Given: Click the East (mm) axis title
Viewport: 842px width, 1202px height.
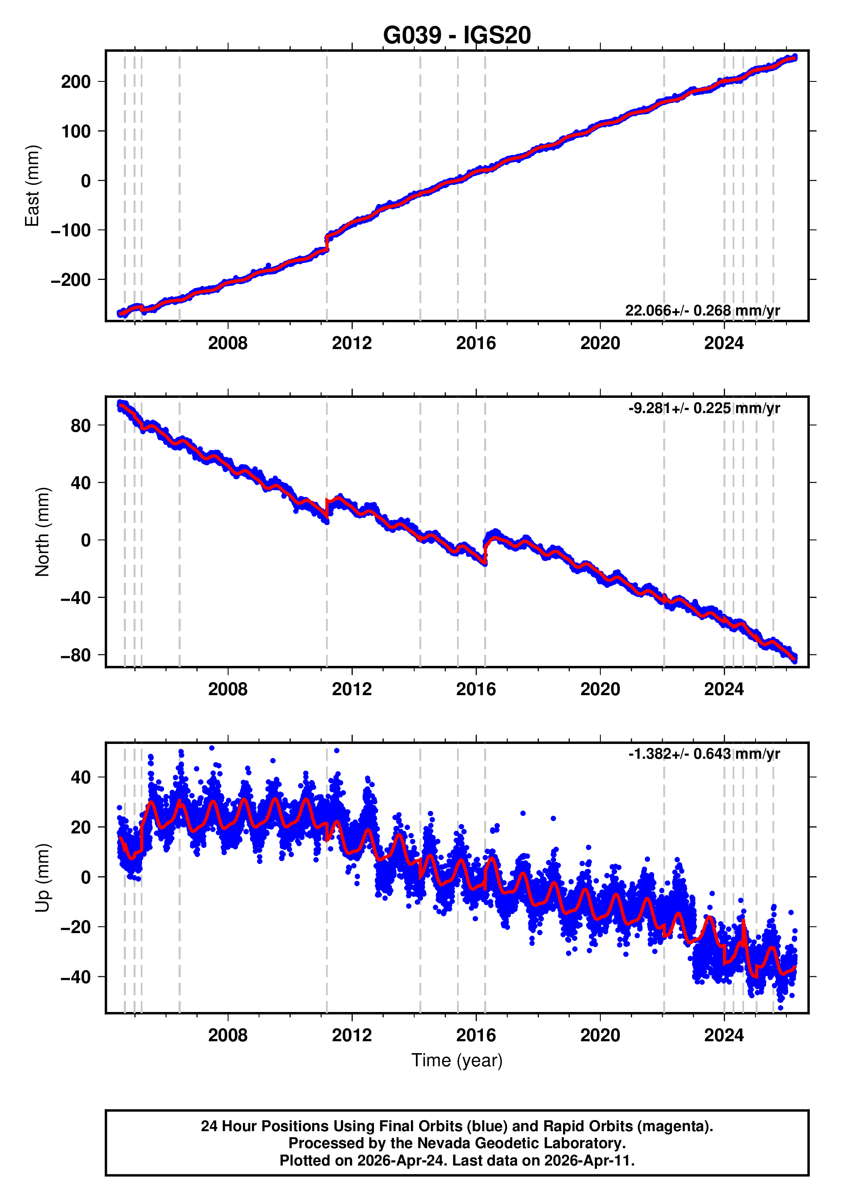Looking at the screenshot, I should coord(33,186).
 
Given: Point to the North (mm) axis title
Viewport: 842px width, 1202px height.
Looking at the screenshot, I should coord(42,532).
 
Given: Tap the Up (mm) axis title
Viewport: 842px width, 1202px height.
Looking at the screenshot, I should coord(42,878).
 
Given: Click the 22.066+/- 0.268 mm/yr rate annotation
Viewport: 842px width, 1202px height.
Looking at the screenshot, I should coord(702,310).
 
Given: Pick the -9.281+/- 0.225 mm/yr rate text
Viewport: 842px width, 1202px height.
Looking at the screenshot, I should coord(704,408).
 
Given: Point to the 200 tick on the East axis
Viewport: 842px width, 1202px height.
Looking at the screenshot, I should coord(76,82).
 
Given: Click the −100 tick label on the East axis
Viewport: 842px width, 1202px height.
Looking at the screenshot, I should coord(71,230).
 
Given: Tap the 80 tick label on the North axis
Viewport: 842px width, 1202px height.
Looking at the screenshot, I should coord(81,426).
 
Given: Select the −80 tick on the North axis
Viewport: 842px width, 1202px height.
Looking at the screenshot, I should coord(76,655).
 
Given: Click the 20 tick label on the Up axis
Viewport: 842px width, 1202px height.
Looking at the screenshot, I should coord(81,827).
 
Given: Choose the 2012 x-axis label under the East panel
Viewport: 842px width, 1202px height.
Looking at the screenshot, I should coord(351,344).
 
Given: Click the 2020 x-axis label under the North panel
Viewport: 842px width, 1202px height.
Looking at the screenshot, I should coord(600,690).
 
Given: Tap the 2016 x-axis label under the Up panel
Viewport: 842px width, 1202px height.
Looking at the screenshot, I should coord(476,1035).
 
